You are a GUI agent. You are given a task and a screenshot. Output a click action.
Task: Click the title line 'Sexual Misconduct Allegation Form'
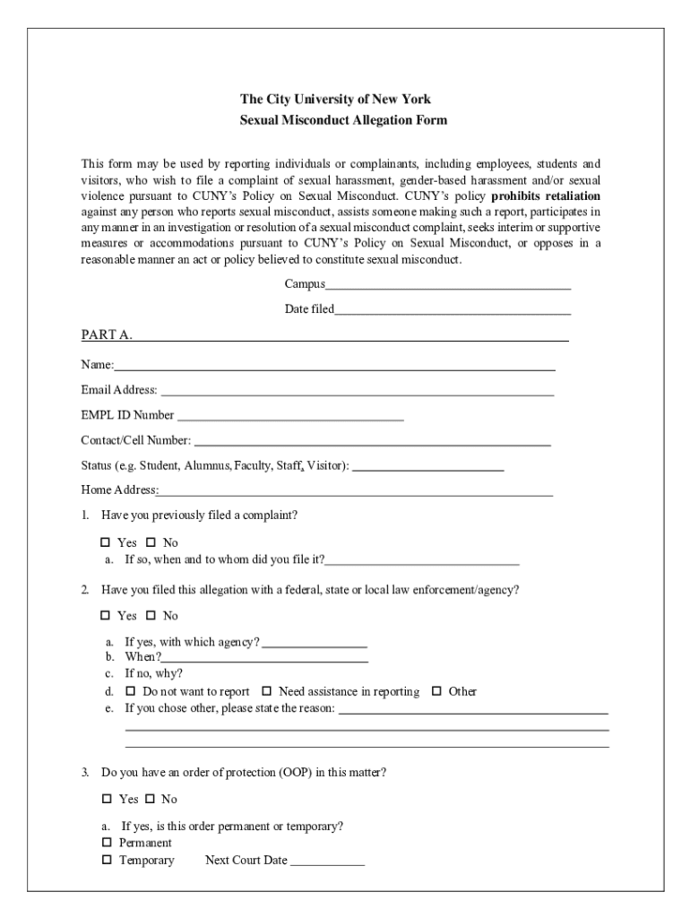click(x=343, y=120)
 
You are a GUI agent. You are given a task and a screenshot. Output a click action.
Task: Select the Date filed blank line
click(x=453, y=310)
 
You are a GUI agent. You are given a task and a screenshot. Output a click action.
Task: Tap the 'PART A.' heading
click(x=107, y=335)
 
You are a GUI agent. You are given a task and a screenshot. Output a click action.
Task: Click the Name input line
click(x=334, y=366)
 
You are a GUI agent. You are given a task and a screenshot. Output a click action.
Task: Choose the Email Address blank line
click(x=357, y=391)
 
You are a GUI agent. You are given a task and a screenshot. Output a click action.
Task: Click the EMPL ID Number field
click(x=289, y=416)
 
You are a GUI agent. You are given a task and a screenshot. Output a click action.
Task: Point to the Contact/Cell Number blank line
click(x=372, y=441)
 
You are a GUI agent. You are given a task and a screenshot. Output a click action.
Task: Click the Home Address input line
click(x=355, y=491)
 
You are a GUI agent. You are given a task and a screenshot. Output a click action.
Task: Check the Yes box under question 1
click(x=106, y=543)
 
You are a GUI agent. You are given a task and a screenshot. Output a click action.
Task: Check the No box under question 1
click(x=151, y=543)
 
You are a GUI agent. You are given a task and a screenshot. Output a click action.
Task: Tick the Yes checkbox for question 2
click(x=106, y=616)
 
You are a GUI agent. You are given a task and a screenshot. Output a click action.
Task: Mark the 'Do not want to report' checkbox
click(x=131, y=691)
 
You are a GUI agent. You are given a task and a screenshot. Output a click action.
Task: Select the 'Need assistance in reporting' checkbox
click(x=267, y=691)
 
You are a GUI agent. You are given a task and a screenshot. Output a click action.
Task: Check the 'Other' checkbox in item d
click(x=437, y=691)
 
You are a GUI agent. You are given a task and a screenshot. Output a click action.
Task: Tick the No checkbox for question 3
click(x=150, y=799)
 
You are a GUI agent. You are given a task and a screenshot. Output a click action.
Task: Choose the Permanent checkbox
click(x=106, y=843)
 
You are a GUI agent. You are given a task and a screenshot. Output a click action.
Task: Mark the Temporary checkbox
click(x=106, y=861)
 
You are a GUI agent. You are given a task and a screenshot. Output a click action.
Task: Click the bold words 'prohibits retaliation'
click(x=546, y=195)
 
